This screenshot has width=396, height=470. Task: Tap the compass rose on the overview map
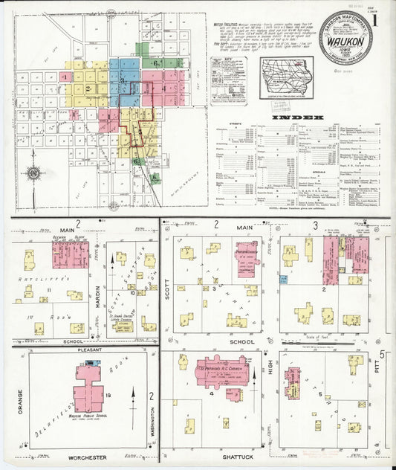pyautogui.click(x=34, y=174)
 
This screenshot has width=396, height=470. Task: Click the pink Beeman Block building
pyautogui.click(x=71, y=254)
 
